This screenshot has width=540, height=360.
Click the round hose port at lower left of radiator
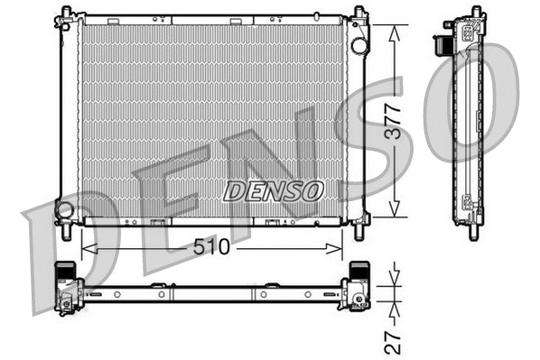tap(65, 210)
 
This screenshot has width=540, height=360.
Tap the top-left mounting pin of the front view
tap(66, 11)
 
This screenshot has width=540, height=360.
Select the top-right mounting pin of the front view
tap(359, 12)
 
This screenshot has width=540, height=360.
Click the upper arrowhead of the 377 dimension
tap(394, 29)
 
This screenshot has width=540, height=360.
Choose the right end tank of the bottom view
tap(358, 287)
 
